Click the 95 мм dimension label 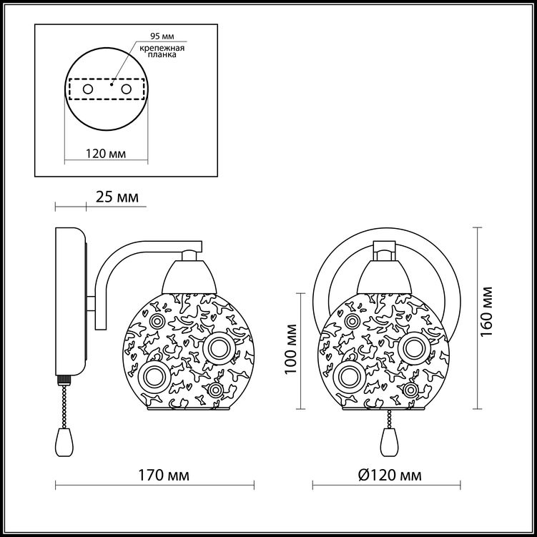tap(162, 36)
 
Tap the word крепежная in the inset tap(162, 48)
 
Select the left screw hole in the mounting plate tap(88, 89)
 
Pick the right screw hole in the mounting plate tap(126, 89)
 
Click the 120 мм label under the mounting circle tap(106, 154)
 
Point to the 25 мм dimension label tap(117, 197)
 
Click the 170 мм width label tap(163, 476)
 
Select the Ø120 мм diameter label tap(390, 476)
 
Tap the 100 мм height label tap(290, 349)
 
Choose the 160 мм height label tap(486, 312)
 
